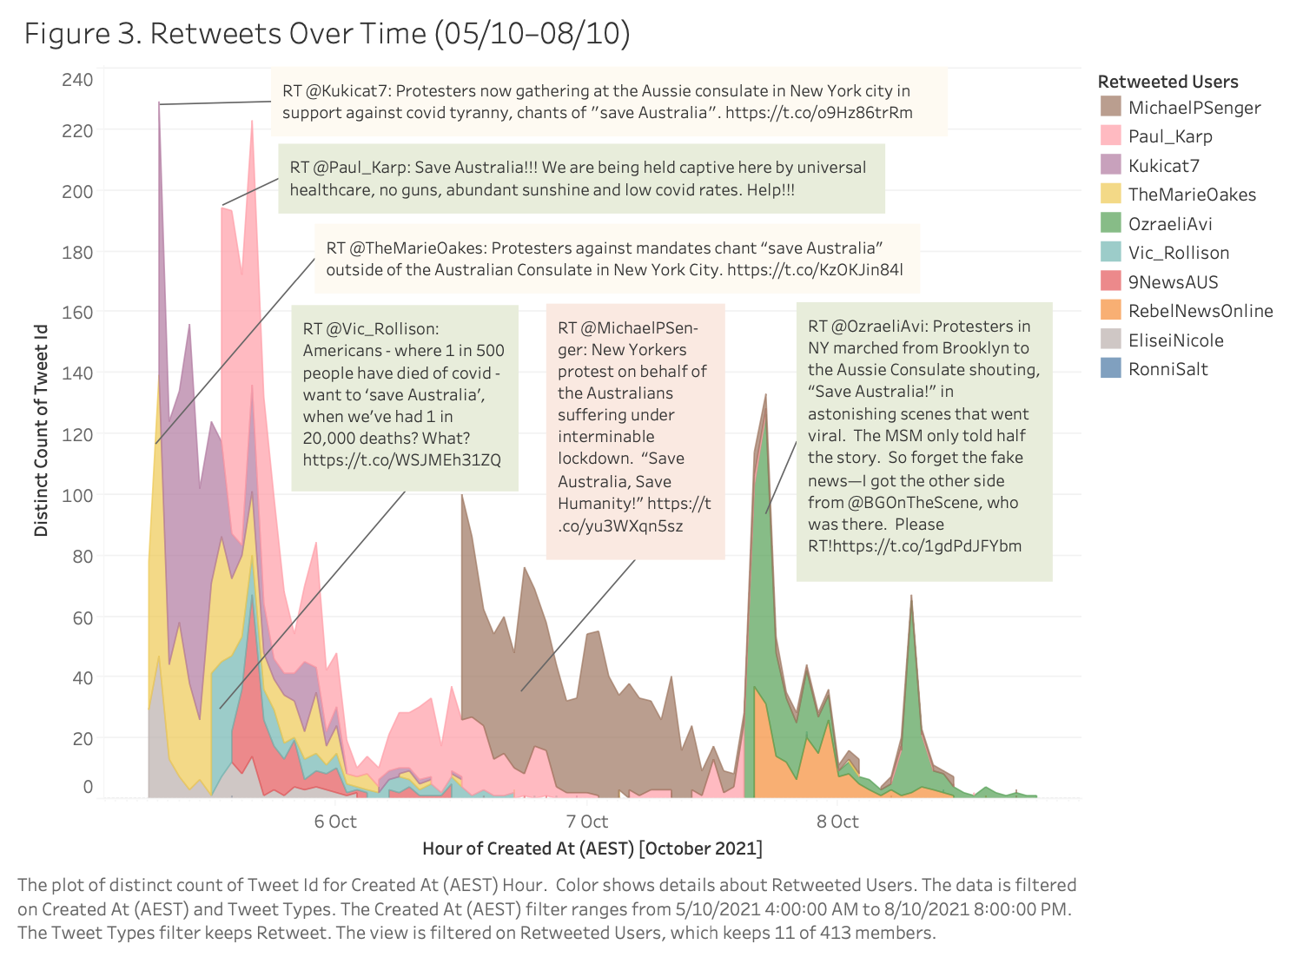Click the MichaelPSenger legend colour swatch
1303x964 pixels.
coord(1110,107)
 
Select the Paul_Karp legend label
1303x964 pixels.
coord(1170,136)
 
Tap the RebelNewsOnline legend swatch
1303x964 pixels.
coord(1110,311)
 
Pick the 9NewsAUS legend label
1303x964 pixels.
coord(1173,282)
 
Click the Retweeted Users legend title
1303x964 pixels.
coord(1167,82)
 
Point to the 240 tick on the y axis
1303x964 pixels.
coord(77,80)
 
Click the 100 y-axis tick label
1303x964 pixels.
coord(77,495)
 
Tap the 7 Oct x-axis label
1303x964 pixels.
coord(587,822)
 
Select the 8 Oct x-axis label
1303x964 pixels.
coord(837,822)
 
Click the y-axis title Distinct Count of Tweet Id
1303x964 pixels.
coord(41,431)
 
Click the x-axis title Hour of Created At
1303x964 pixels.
coord(592,848)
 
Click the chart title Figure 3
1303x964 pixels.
coord(327,33)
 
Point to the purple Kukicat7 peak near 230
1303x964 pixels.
coord(159,105)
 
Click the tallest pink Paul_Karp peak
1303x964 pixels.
coord(252,122)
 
